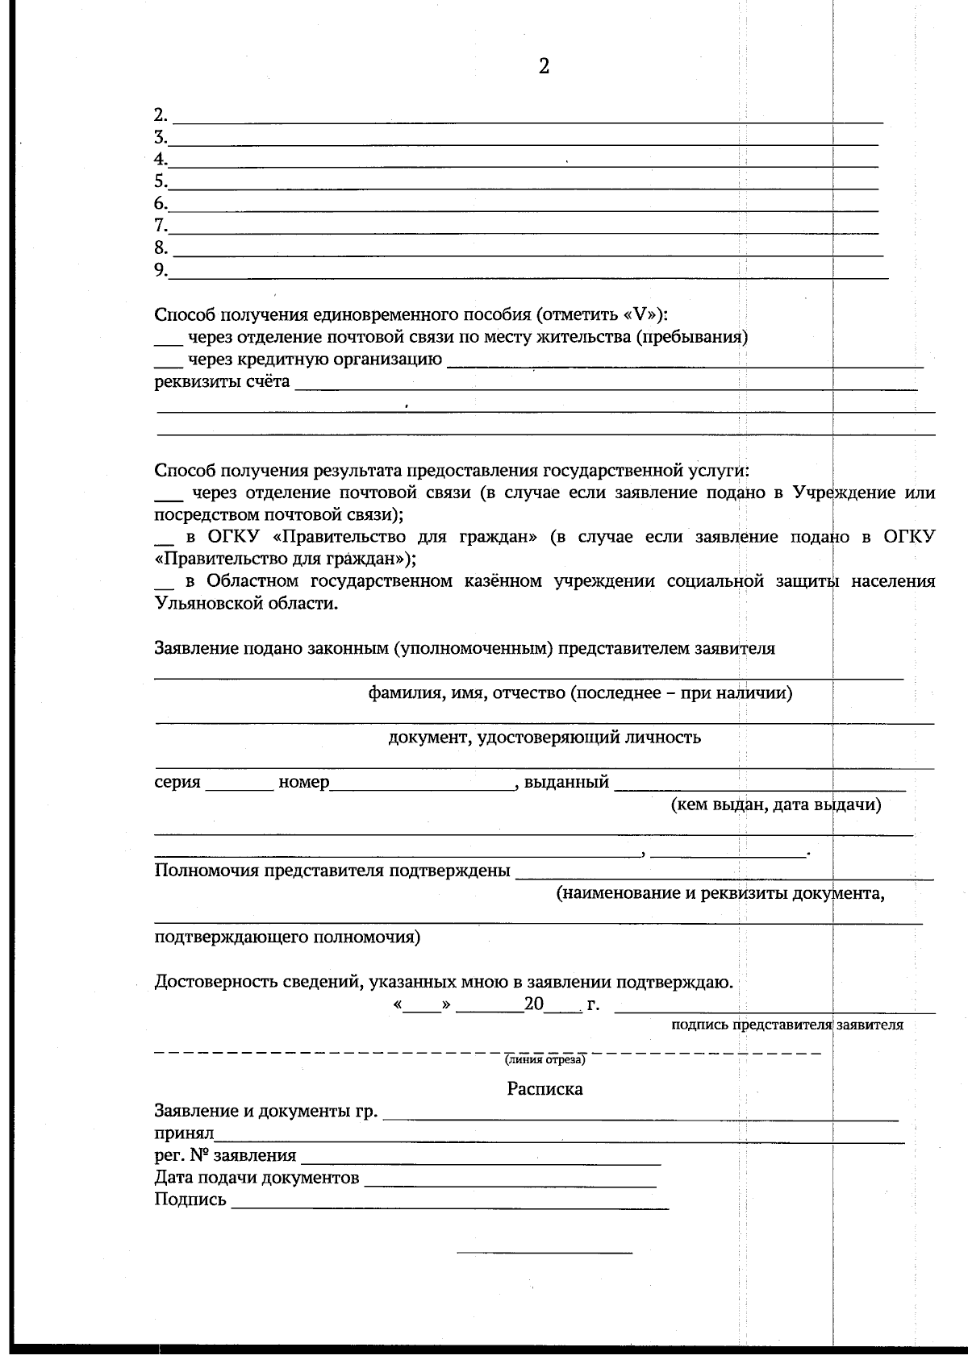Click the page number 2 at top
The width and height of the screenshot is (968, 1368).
click(x=544, y=67)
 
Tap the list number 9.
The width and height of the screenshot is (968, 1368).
click(x=161, y=269)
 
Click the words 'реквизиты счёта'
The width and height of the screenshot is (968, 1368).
click(x=222, y=381)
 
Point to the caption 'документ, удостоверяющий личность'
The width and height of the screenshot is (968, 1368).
click(x=544, y=737)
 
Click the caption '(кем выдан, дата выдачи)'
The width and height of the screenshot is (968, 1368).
click(x=775, y=805)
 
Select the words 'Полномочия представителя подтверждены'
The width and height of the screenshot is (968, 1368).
click(x=332, y=871)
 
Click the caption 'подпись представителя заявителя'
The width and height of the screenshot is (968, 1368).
click(x=786, y=1025)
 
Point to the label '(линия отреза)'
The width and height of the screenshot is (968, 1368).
click(x=544, y=1059)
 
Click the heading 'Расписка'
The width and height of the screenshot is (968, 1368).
click(x=544, y=1089)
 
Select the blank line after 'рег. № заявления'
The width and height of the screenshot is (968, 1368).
click(x=480, y=1162)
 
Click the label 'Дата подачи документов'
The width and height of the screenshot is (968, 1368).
click(x=257, y=1178)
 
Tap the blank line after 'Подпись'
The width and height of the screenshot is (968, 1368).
click(x=449, y=1205)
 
